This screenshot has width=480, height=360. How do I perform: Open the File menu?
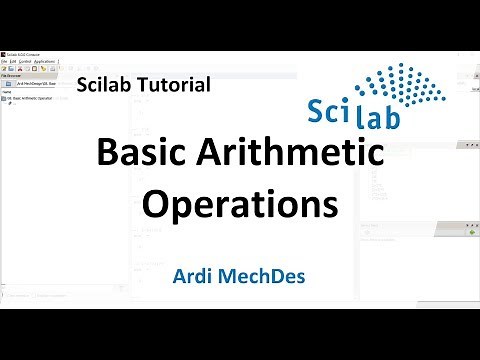[5, 60]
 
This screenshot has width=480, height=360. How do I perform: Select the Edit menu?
[15, 60]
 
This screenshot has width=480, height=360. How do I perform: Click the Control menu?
[28, 60]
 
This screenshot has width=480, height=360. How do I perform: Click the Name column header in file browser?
[8, 92]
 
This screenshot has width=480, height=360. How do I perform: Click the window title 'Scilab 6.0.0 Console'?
[25, 52]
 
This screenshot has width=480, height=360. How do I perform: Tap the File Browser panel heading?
[15, 76]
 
